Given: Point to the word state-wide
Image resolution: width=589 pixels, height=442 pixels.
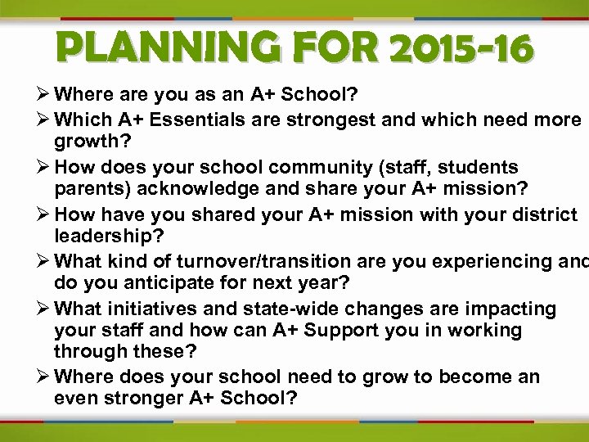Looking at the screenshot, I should click(x=277, y=309).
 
